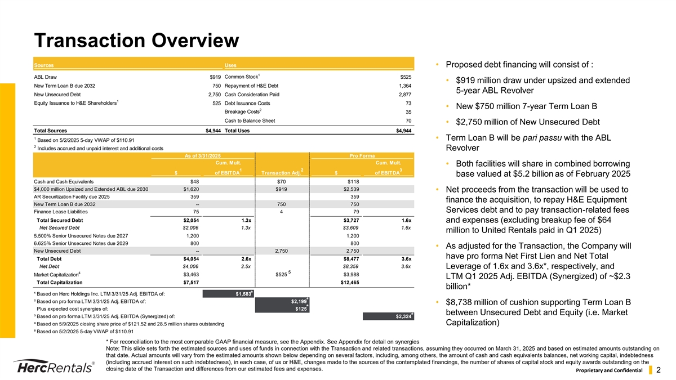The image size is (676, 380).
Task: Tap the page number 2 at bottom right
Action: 657,370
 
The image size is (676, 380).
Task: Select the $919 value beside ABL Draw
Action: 215,77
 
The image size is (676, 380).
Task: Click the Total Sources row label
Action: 51,131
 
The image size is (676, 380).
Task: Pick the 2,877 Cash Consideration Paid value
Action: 404,95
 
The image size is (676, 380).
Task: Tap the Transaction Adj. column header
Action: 279,172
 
